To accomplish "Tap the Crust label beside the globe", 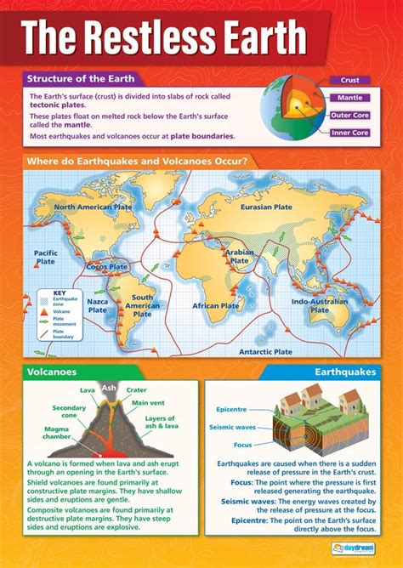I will [x=349, y=80].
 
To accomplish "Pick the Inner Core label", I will [x=349, y=133].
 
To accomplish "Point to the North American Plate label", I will [x=93, y=207].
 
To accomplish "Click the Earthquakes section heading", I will [x=344, y=372].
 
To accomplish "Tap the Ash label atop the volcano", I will [x=108, y=387].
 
